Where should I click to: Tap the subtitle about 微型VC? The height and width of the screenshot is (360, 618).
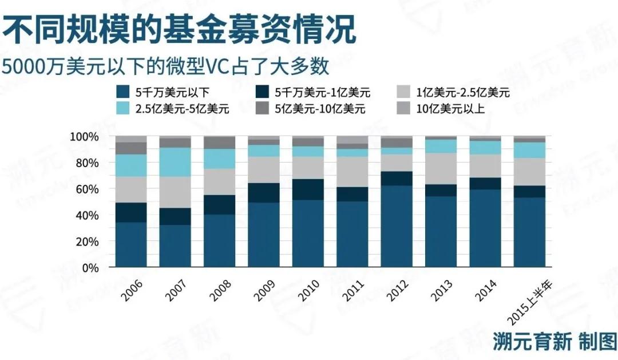[165, 67]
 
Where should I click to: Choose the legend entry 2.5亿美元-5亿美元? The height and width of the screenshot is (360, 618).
[174, 108]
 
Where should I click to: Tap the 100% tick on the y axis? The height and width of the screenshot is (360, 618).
[85, 137]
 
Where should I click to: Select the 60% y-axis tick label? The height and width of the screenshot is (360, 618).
[88, 189]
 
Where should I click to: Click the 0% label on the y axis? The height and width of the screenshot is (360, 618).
[90, 267]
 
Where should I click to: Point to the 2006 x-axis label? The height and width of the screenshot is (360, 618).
[132, 292]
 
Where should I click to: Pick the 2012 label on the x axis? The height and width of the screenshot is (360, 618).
[397, 292]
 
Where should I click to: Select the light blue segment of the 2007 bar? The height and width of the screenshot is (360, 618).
[175, 162]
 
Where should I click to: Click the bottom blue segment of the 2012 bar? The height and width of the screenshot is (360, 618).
[397, 226]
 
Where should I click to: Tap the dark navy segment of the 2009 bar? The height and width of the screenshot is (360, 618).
[264, 193]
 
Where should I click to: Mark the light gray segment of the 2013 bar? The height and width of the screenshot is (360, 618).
[441, 168]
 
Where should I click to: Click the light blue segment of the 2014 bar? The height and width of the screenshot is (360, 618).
[485, 148]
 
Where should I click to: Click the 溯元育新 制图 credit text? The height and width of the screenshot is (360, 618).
[554, 342]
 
